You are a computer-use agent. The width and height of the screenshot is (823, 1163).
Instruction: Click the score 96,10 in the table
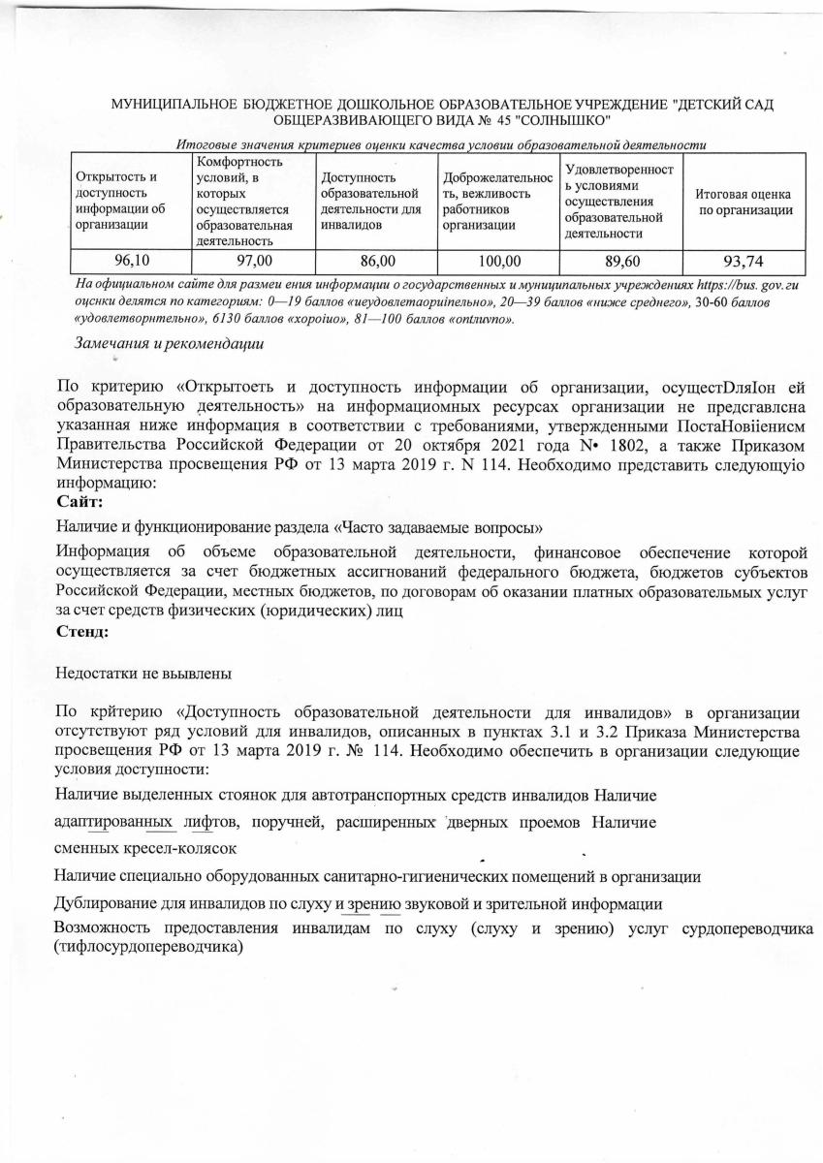pos(131,261)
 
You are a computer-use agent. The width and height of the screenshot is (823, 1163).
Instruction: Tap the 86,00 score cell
pos(377,261)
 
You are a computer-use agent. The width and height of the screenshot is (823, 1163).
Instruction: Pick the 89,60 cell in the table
pos(621,261)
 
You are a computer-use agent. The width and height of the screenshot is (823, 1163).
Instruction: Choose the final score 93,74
pos(744,261)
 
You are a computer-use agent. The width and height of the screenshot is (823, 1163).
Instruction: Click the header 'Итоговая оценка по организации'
pos(744,202)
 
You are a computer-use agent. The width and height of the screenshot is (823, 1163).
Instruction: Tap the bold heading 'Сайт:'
pos(80,501)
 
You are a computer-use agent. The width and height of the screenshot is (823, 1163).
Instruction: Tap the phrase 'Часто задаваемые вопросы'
pos(439,527)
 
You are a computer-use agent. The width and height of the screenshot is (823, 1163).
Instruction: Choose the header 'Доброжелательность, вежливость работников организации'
pos(497,202)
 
